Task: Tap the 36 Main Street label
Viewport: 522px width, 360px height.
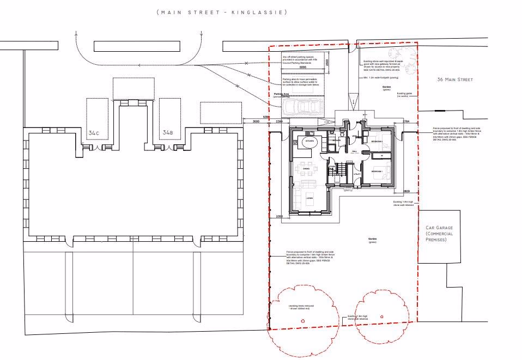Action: [454, 80]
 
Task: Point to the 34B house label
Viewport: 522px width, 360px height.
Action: [167, 132]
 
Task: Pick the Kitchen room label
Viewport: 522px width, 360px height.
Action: [309, 141]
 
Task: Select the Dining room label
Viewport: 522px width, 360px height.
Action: [306, 168]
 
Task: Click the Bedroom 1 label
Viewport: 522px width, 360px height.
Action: [378, 172]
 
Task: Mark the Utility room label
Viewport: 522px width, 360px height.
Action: [357, 174]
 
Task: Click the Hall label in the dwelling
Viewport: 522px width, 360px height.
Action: [354, 152]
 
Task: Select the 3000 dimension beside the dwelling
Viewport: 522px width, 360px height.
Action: [256, 122]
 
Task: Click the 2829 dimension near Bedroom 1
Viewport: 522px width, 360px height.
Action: [406, 192]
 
